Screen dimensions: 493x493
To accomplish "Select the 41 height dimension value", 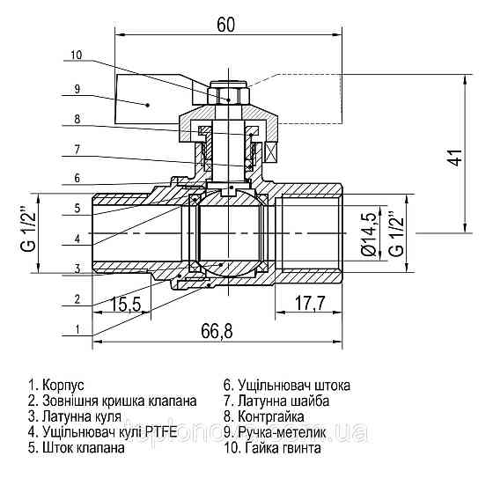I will point(454,158).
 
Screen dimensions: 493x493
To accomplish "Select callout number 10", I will point(76,55).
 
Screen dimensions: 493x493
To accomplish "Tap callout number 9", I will point(77,88).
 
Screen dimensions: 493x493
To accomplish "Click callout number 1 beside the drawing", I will point(77,329).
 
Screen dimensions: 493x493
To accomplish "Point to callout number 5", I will point(77,208).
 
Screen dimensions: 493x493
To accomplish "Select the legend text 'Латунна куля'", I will point(78,416).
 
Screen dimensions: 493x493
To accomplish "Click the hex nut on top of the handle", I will point(229,95).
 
